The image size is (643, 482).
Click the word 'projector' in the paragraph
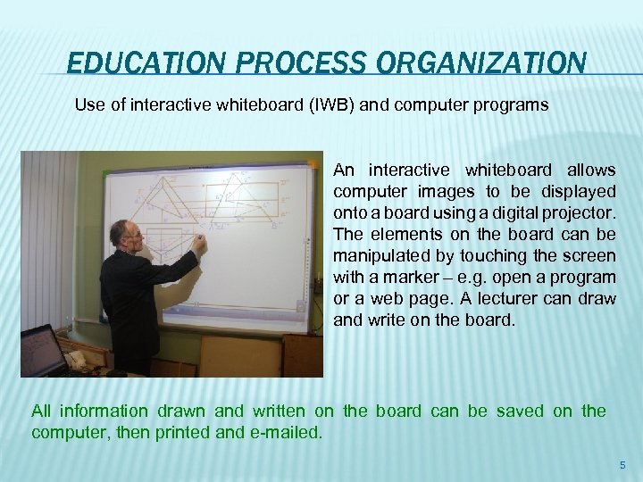(x=582, y=212)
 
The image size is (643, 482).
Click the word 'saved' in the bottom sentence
(x=520, y=411)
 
